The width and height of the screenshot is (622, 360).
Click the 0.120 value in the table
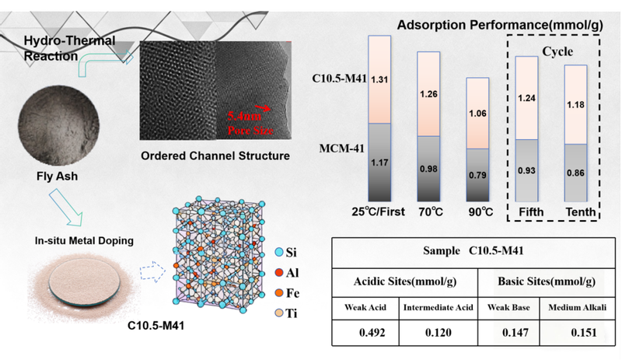click(435, 334)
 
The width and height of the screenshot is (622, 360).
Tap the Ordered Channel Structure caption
click(215, 156)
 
